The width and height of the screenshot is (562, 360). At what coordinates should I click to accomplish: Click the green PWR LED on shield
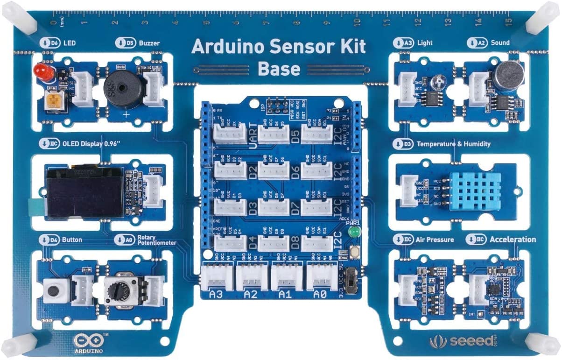click(355, 232)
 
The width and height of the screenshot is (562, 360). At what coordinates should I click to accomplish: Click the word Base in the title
click(279, 69)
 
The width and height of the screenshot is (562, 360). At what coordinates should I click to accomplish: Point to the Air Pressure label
click(435, 240)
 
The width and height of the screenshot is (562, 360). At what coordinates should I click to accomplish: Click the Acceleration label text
click(513, 239)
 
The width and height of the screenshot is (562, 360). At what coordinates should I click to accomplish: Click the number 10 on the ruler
click(356, 21)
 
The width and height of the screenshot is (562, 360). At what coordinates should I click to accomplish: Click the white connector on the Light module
click(406, 87)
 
